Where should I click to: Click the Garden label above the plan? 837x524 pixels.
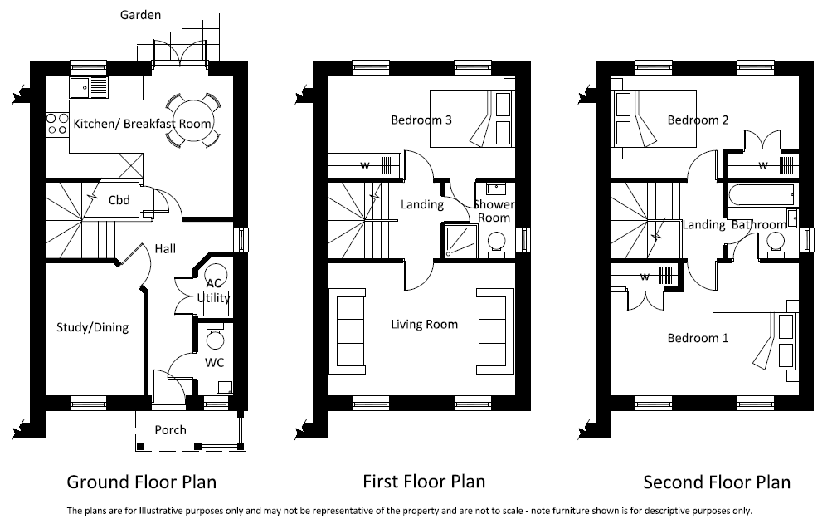pyautogui.click(x=140, y=15)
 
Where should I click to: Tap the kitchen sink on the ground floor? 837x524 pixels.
pyautogui.click(x=89, y=87)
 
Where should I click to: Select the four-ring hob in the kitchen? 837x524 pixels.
pyautogui.click(x=57, y=124)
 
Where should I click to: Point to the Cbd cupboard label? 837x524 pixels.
pyautogui.click(x=119, y=200)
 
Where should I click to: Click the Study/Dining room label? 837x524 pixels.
pyautogui.click(x=93, y=327)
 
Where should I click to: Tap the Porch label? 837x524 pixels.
pyautogui.click(x=170, y=430)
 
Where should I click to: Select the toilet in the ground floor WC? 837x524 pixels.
pyautogui.click(x=216, y=335)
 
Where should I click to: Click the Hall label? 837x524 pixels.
pyautogui.click(x=165, y=248)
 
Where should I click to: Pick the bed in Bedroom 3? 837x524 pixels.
pyautogui.click(x=472, y=119)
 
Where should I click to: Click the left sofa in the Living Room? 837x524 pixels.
pyautogui.click(x=348, y=331)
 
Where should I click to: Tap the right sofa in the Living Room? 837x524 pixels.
pyautogui.click(x=495, y=331)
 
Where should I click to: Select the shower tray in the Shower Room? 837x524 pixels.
pyautogui.click(x=459, y=241)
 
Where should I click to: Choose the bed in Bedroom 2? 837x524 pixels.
pyautogui.click(x=655, y=119)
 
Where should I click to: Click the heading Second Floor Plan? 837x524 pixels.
pyautogui.click(x=717, y=482)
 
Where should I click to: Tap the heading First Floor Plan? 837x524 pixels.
pyautogui.click(x=424, y=482)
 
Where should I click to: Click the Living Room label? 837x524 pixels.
pyautogui.click(x=425, y=324)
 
